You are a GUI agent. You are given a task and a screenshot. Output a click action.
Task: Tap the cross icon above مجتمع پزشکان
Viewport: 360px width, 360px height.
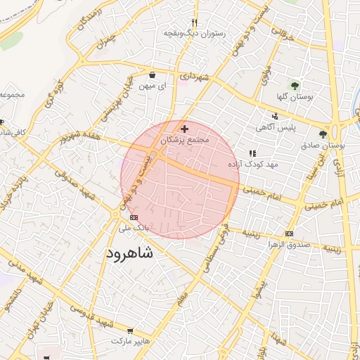185,129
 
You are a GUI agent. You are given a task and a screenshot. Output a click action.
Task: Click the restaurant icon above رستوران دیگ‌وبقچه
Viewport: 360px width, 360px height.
194,22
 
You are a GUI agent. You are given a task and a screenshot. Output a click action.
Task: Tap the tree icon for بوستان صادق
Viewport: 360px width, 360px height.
323,133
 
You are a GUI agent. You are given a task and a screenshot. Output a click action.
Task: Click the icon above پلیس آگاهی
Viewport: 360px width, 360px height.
275,117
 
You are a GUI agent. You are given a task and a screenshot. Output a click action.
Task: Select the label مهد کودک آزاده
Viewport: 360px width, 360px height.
253,164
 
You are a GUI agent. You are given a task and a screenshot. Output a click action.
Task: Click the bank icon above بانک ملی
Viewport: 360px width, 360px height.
134,217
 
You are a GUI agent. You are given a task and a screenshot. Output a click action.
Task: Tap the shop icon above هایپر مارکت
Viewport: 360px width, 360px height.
130,330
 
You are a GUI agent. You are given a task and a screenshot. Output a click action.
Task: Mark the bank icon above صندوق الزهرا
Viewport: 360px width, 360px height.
289,233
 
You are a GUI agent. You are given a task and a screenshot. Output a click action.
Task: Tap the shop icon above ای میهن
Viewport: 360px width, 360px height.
152,73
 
